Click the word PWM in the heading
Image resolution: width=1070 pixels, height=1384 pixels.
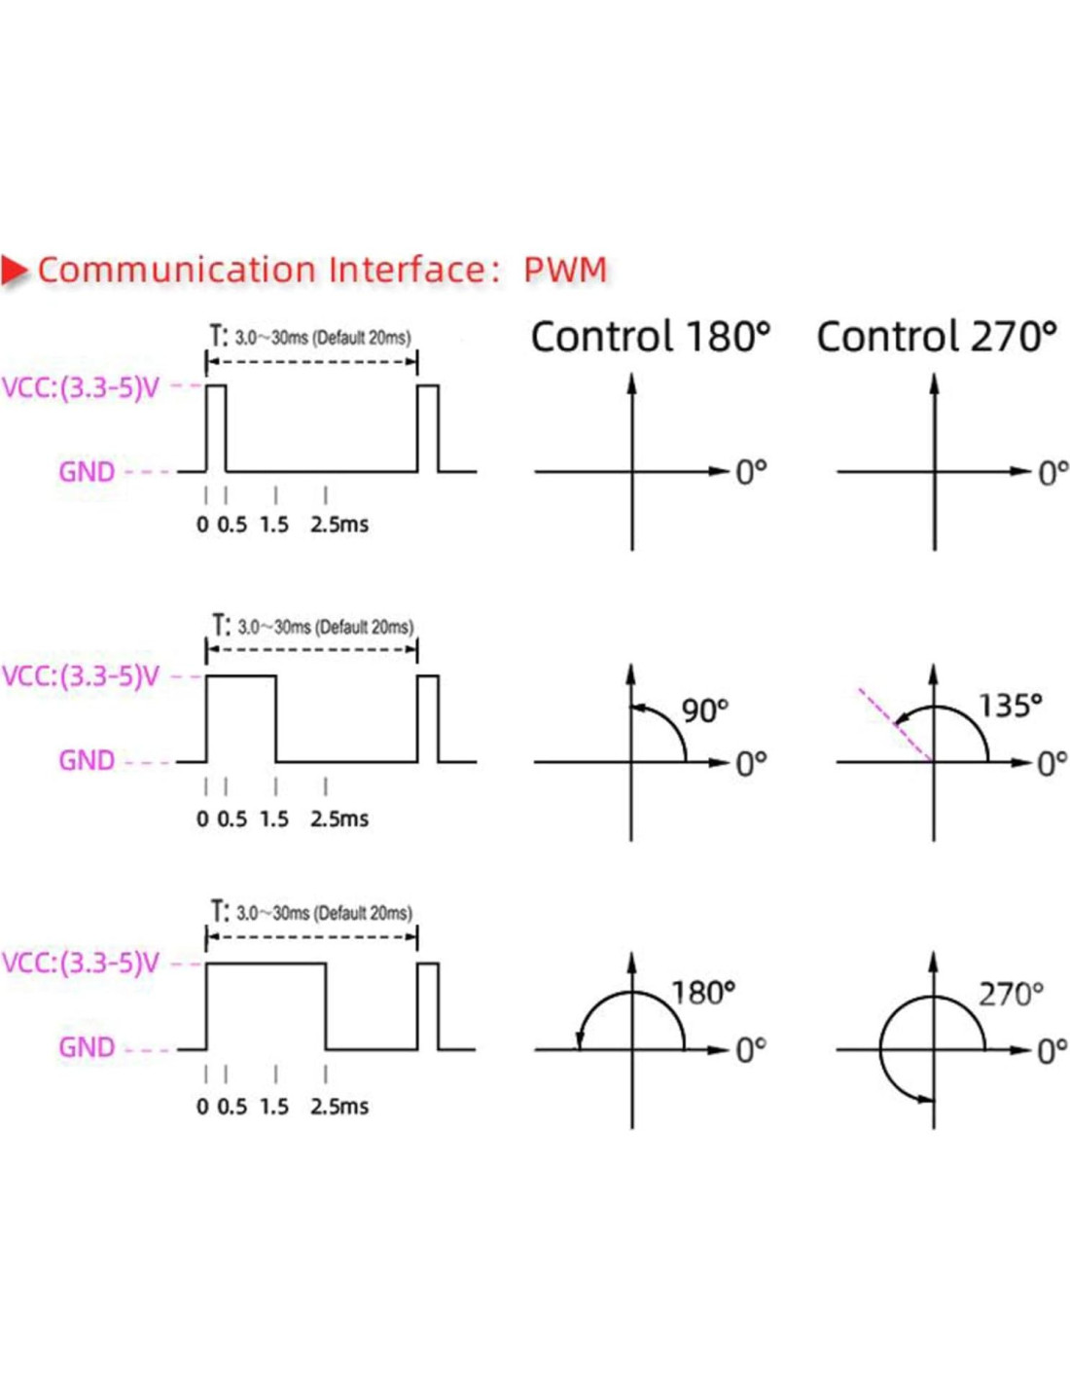point(565,270)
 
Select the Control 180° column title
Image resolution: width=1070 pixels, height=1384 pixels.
point(650,337)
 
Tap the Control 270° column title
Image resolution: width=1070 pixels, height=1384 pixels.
point(936,337)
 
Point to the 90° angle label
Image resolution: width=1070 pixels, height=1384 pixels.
point(704,710)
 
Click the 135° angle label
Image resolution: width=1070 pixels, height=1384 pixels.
point(1010,706)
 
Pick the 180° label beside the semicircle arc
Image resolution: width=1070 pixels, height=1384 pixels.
point(703,993)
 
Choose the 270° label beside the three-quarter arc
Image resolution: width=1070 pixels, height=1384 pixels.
point(1011,995)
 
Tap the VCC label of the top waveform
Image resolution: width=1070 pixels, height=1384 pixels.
point(81,388)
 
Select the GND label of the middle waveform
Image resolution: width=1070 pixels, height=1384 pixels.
point(87,760)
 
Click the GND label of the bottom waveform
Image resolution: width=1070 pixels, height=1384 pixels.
point(87,1047)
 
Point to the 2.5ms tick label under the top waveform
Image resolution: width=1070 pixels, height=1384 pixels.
point(339,525)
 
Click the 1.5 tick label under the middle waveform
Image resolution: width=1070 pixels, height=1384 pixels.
point(274,819)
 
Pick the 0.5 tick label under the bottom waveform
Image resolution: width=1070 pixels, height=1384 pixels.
point(232,1107)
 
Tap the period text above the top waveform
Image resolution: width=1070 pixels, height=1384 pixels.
point(311,338)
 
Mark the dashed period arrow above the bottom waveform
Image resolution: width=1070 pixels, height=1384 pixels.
point(311,937)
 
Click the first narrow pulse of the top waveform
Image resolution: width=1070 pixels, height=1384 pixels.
point(216,428)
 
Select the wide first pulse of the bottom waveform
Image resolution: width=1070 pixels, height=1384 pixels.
point(266,1005)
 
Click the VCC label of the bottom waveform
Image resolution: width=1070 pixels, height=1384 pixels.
point(81,964)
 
